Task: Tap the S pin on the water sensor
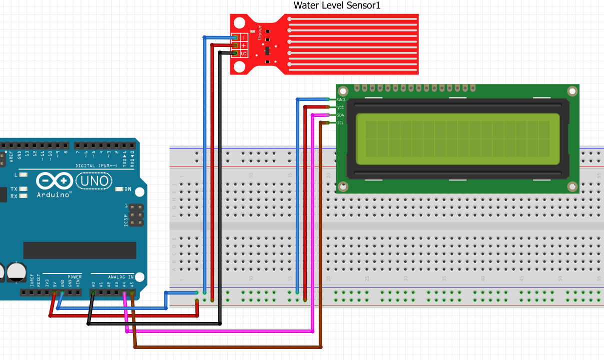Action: click(x=244, y=53)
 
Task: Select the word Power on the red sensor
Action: click(x=259, y=33)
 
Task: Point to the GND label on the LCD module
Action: click(x=341, y=99)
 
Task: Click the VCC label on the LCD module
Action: click(x=341, y=107)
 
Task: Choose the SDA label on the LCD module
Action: click(x=341, y=115)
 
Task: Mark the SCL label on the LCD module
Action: click(x=341, y=123)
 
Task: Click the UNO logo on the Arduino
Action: click(x=94, y=180)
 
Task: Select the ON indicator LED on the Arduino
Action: click(x=119, y=189)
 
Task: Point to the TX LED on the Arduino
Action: click(x=23, y=189)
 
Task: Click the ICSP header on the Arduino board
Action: click(x=136, y=215)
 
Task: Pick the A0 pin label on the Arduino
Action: click(x=93, y=283)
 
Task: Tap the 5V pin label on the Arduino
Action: click(x=54, y=283)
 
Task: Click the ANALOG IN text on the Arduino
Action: click(x=120, y=276)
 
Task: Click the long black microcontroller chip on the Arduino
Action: click(x=79, y=250)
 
